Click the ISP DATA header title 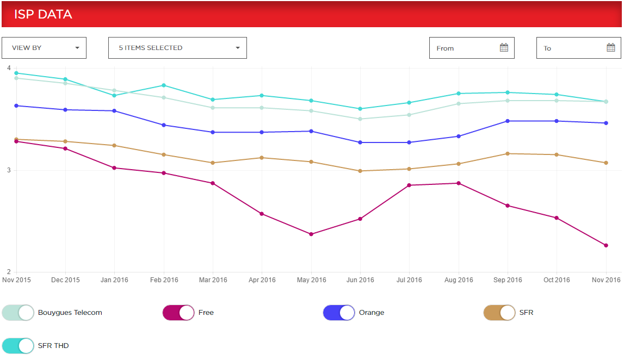tap(43, 14)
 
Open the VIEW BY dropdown tap(44, 48)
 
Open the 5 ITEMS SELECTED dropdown tap(177, 48)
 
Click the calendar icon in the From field tap(504, 48)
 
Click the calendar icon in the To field tap(610, 48)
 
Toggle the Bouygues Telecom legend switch tap(18, 313)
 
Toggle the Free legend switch tap(178, 313)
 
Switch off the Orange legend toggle tap(339, 313)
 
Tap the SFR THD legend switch tap(18, 345)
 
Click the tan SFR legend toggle tap(499, 313)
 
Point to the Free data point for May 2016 tap(311, 234)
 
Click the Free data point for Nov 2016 tap(606, 245)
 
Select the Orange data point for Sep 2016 tap(508, 121)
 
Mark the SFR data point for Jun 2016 tap(360, 171)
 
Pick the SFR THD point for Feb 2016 tap(163, 85)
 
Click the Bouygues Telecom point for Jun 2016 tap(360, 119)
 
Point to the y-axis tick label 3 tap(8, 170)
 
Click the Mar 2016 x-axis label tap(213, 280)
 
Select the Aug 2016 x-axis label tap(459, 280)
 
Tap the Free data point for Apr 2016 tap(262, 214)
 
